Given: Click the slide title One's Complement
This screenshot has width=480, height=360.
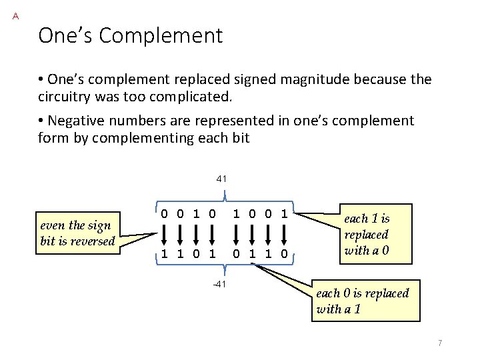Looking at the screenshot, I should [130, 35].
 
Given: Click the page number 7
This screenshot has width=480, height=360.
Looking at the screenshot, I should [440, 343].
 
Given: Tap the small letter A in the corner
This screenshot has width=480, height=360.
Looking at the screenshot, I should [15, 15].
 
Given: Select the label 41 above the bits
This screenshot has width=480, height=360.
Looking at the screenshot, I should [222, 179].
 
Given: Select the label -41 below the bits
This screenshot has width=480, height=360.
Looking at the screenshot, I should [221, 285].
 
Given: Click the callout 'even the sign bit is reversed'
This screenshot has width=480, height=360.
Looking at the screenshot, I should [78, 233].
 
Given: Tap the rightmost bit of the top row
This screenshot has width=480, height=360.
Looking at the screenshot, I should [284, 215].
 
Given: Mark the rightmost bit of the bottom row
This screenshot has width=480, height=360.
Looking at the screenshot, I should [284, 253].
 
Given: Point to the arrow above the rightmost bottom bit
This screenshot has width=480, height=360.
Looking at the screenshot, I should [284, 235].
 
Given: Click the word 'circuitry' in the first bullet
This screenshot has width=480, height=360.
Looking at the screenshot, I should [66, 97].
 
